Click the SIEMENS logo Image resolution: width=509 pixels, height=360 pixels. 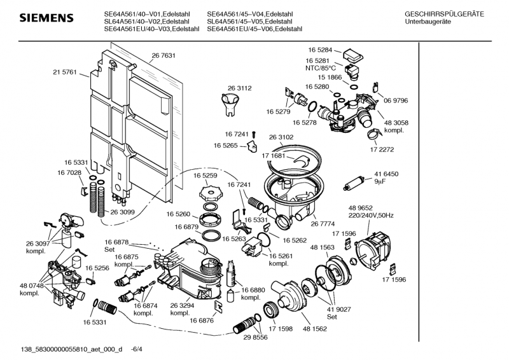click(x=38, y=18)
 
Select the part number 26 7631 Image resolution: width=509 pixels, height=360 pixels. click(x=164, y=56)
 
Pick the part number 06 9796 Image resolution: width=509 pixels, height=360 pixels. click(x=396, y=100)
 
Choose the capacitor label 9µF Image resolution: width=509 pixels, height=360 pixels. click(x=380, y=182)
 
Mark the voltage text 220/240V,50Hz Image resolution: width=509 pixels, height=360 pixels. click(x=371, y=216)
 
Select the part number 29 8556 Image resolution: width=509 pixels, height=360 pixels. click(x=255, y=338)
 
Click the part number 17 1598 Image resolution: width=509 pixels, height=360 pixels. click(x=280, y=329)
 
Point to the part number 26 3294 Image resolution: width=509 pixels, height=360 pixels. click(x=181, y=305)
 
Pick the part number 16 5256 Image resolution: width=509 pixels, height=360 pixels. click(x=97, y=268)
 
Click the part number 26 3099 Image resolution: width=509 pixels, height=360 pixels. click(x=123, y=212)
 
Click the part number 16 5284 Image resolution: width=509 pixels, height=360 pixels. click(x=321, y=50)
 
